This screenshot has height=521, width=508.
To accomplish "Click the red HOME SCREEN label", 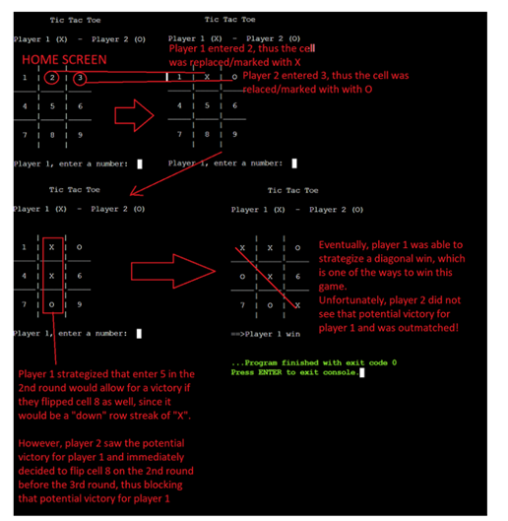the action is click(65, 60).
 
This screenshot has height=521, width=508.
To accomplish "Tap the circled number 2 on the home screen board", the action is click(50, 78).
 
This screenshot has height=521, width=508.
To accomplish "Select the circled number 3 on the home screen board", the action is click(79, 78).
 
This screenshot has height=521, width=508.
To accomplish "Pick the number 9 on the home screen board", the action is click(79, 133).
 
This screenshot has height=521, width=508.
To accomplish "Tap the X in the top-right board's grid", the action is click(206, 76).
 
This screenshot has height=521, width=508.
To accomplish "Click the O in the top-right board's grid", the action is click(234, 76).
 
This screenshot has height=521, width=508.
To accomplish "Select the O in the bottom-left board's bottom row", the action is click(50, 305).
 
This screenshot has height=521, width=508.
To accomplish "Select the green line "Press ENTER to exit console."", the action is click(295, 373).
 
